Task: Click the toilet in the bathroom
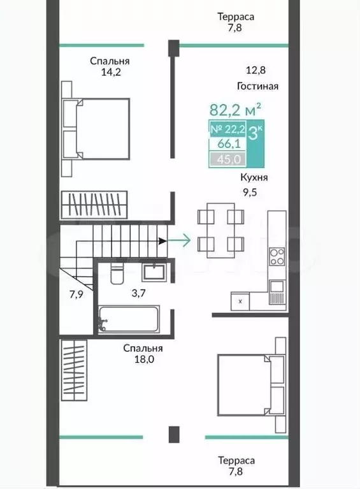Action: [117, 274]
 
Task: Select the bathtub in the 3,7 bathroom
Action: [129, 319]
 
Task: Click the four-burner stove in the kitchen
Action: [277, 256]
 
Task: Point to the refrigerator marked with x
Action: [240, 302]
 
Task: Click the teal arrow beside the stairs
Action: [179, 240]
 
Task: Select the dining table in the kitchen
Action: [220, 230]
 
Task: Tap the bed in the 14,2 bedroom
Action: [96, 129]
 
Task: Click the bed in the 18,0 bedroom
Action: [252, 385]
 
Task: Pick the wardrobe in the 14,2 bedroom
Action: [94, 205]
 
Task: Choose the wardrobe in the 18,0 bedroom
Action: [74, 370]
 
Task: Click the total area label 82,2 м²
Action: [235, 110]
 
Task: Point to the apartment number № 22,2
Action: [228, 129]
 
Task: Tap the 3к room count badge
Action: [256, 133]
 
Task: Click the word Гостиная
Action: [257, 86]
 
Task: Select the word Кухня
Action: [254, 177]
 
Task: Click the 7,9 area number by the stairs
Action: [76, 294]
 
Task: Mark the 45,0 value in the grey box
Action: [229, 159]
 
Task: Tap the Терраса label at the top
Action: [236, 17]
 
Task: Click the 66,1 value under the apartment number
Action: [229, 144]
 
